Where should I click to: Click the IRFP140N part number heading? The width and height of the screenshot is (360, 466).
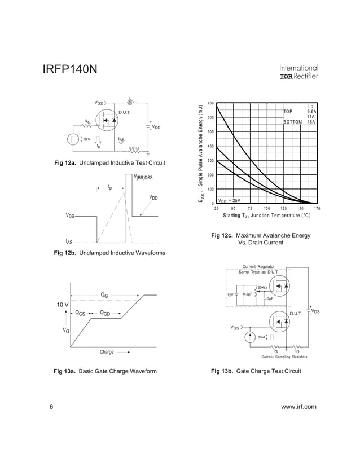click(70, 70)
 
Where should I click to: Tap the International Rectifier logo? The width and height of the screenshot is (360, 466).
click(298, 72)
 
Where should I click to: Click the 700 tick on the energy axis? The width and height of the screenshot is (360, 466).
click(210, 103)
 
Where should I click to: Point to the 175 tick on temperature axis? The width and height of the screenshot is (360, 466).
click(317, 209)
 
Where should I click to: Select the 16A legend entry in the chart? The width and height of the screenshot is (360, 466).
click(311, 121)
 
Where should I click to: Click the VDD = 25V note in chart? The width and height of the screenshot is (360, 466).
click(229, 200)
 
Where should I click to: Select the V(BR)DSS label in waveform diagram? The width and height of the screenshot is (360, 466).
click(143, 178)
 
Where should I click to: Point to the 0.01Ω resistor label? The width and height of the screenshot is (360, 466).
click(134, 148)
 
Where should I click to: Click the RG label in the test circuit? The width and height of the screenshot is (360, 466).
click(87, 121)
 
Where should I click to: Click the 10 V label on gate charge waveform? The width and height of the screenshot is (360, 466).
click(62, 305)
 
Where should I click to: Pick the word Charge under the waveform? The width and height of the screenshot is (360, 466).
click(107, 352)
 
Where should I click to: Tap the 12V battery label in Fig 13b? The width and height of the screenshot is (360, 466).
click(230, 294)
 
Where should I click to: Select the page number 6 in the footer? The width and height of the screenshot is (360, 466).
click(51, 407)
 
